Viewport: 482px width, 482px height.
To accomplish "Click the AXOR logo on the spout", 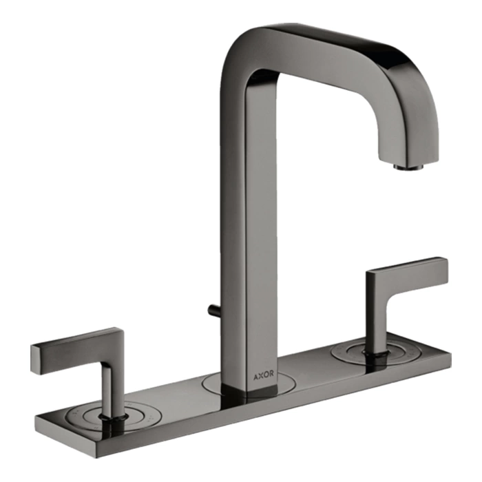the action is pyautogui.click(x=264, y=375).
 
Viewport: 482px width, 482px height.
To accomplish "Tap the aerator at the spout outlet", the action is pyautogui.click(x=408, y=167).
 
